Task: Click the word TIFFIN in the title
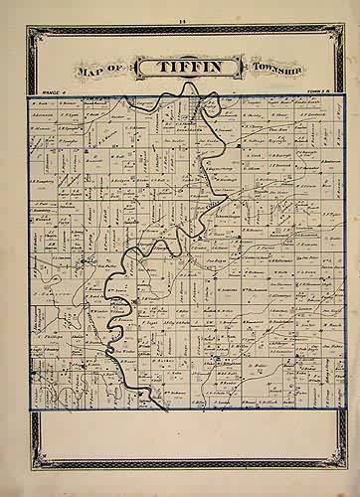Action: (180, 69)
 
